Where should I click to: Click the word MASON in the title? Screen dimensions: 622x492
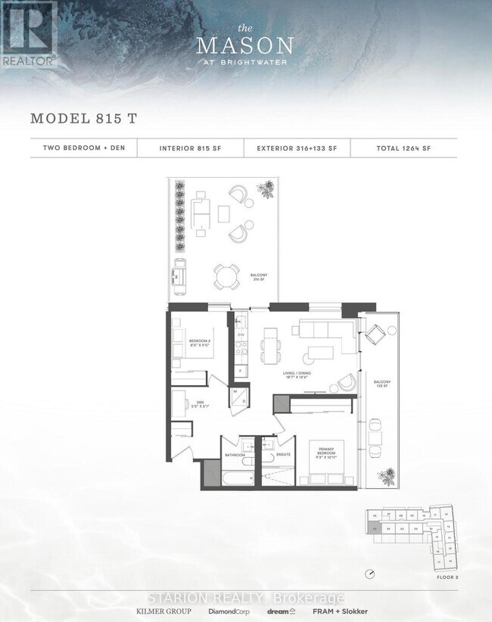tap(246, 45)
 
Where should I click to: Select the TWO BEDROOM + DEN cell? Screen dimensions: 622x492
tap(84, 148)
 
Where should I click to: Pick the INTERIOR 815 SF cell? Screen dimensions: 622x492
tap(190, 148)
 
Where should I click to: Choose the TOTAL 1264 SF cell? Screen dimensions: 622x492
tap(404, 148)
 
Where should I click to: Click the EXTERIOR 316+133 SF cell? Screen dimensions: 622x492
tap(297, 148)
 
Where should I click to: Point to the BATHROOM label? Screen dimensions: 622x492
tap(235, 455)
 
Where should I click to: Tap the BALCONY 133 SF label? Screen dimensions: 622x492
tap(380, 385)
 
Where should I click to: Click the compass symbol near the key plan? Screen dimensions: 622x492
tap(369, 574)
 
